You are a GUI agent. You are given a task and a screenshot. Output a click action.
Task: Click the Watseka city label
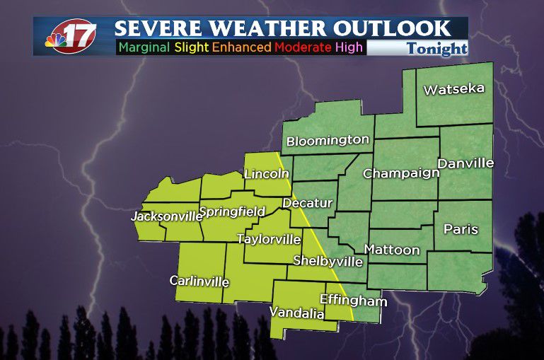453,89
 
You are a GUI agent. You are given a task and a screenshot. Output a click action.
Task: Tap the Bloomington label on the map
328,140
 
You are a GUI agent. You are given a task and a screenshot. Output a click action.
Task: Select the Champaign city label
401,173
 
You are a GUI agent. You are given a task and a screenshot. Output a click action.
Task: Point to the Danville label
465,163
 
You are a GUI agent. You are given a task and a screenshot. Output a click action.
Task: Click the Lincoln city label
266,173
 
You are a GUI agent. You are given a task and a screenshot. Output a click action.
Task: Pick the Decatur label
307,203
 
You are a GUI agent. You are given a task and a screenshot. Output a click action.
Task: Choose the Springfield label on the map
232,211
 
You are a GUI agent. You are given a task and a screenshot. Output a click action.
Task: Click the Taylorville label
269,239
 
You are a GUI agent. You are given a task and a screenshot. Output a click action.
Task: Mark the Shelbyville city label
328,261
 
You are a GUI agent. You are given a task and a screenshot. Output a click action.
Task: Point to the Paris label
461,229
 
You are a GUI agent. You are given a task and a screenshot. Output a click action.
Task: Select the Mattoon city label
391,250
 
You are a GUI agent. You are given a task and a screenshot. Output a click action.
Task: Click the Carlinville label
199,281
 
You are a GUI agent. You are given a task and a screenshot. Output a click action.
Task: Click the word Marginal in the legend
144,47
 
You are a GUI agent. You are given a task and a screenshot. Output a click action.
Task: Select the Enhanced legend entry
241,47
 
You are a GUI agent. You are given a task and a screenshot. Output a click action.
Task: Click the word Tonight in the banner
436,48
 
